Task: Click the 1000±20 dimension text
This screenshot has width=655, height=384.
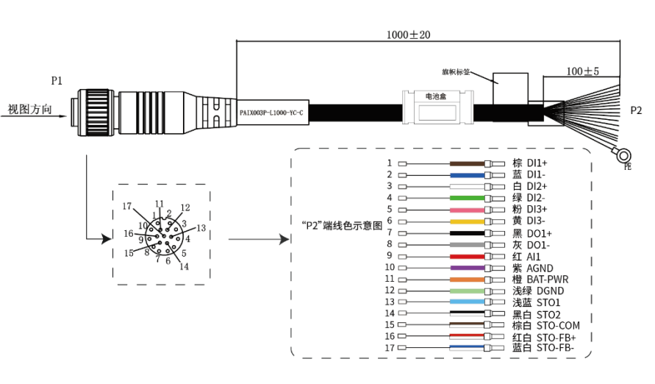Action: (x=408, y=35)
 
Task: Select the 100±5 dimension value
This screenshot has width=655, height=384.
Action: (x=582, y=71)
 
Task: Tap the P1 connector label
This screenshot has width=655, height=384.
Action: (x=57, y=81)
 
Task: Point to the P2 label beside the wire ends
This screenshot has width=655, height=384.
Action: (x=636, y=110)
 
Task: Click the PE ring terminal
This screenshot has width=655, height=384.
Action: (x=623, y=156)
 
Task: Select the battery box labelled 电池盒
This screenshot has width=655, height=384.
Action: (x=437, y=107)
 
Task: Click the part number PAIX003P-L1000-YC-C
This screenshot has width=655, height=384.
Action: (x=271, y=113)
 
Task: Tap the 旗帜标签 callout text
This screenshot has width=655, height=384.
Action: (x=456, y=72)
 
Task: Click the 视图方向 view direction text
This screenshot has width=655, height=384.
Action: (x=29, y=110)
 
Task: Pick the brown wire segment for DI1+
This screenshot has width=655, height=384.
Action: (x=467, y=164)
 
